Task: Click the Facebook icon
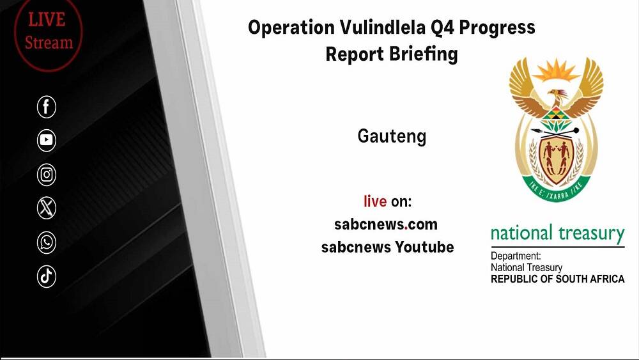tap(47, 107)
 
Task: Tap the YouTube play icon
tap(47, 140)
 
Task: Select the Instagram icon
tap(47, 175)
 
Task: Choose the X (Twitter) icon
tap(47, 208)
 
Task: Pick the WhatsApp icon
tap(47, 242)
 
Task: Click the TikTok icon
tap(47, 276)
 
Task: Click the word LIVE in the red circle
tap(47, 20)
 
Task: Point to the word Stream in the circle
tap(49, 42)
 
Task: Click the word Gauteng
tap(392, 137)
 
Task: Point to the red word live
tap(375, 201)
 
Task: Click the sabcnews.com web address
tap(386, 224)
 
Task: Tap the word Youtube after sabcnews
tap(424, 247)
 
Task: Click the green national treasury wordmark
tap(557, 233)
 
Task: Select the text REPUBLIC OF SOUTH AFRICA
tap(557, 279)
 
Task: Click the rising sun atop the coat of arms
tap(556, 71)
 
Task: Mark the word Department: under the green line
tap(516, 256)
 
